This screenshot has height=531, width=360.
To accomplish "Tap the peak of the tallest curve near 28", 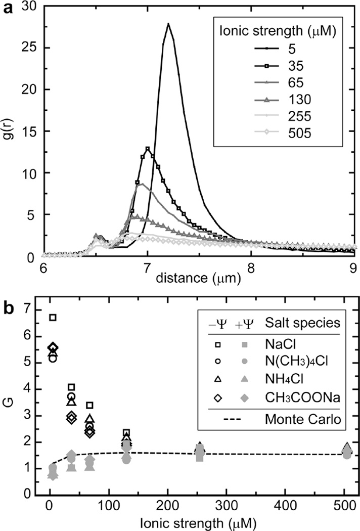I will click(x=168, y=24).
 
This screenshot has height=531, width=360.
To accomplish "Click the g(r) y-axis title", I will click(x=9, y=131).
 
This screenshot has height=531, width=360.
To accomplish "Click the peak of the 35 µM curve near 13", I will click(x=147, y=149).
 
